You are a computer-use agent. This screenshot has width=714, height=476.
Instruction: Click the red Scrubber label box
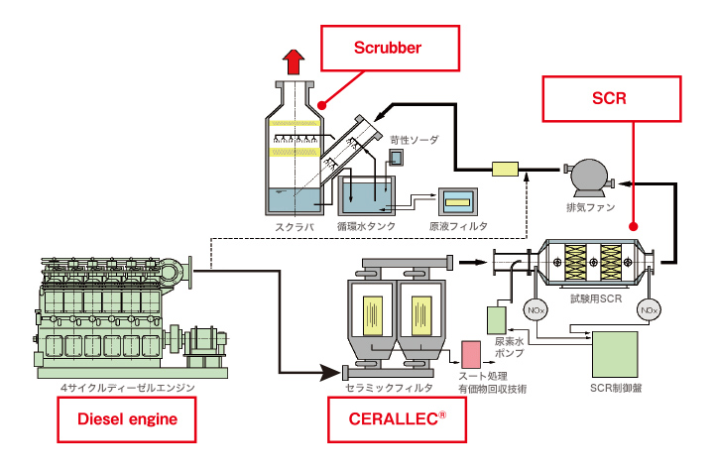coord(391,48)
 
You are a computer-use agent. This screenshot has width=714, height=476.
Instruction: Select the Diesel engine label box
coord(127,418)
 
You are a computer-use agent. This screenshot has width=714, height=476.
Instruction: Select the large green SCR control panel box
coord(615,352)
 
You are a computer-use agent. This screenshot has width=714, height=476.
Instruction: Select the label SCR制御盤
coord(615,388)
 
